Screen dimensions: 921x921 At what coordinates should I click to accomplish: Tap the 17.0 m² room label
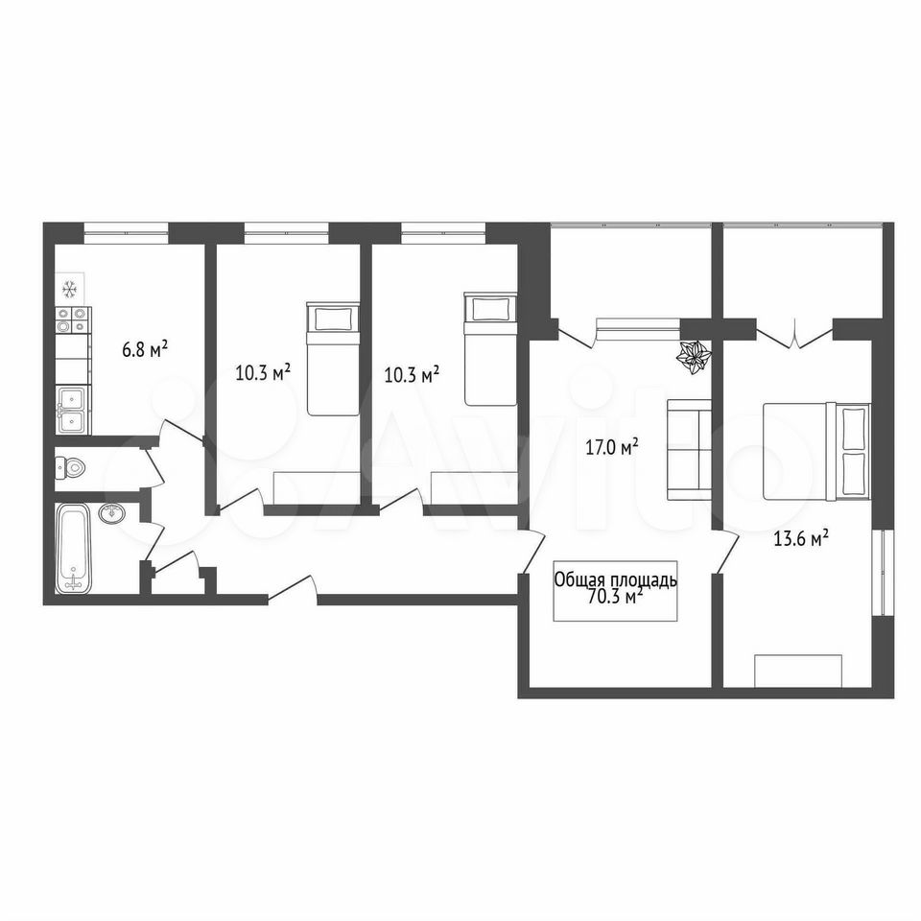[x=611, y=448]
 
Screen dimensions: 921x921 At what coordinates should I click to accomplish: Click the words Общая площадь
[x=616, y=580]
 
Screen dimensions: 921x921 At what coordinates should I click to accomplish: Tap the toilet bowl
[x=70, y=468]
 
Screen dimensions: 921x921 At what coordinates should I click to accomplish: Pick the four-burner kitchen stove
[x=73, y=320]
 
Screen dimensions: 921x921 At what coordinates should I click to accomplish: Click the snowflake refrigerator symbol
[x=70, y=289]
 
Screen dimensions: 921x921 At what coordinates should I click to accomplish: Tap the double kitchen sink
[x=72, y=410]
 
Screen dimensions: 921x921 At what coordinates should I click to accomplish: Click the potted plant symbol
[x=695, y=356]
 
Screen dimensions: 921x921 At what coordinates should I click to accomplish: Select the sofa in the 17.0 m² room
[x=689, y=450]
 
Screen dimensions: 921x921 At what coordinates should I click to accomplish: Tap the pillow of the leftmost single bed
[x=333, y=319]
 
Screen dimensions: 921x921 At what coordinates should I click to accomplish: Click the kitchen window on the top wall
[x=127, y=232]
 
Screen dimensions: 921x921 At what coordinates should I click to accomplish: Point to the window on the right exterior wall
[x=883, y=573]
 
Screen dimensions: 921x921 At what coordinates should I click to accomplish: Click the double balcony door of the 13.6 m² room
[x=794, y=335]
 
